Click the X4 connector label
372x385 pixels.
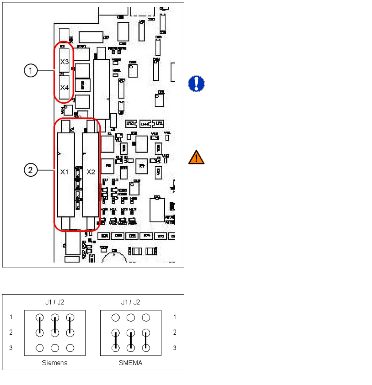(x=65, y=88)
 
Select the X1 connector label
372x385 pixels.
(x=65, y=172)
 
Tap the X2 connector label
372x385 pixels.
(x=91, y=172)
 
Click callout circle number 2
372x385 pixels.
(x=31, y=170)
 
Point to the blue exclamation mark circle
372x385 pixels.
(x=196, y=84)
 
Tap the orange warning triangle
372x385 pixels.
(x=196, y=157)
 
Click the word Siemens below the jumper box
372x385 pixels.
(x=55, y=363)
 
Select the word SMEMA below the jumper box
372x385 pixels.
(x=131, y=363)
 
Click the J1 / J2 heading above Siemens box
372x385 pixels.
(x=55, y=302)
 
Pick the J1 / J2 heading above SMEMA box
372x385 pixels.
(x=131, y=302)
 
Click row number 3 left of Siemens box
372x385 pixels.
(x=11, y=348)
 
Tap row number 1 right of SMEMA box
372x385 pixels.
(x=175, y=317)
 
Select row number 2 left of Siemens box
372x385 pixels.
(x=11, y=332)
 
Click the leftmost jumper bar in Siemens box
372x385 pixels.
(x=40, y=325)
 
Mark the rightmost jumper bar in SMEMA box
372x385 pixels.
(x=146, y=340)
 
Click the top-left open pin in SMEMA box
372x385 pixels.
(x=116, y=317)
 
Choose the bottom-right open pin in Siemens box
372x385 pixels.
(x=70, y=348)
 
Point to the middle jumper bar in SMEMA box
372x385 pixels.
(x=131, y=340)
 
